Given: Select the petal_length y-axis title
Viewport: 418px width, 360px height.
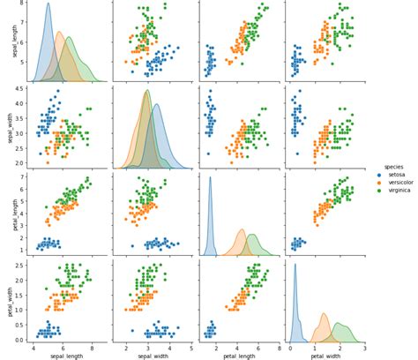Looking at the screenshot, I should click(x=7, y=213).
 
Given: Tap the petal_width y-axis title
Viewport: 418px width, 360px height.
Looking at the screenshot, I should click(x=7, y=298).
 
